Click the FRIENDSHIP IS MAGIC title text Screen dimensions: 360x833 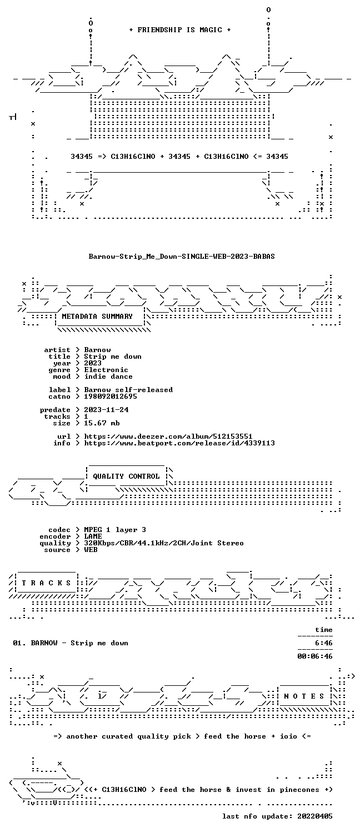tap(180, 30)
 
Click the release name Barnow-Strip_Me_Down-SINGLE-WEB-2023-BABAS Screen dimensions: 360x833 tap(182, 256)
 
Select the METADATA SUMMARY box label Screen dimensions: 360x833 tap(97, 317)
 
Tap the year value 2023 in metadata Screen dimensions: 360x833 tap(93, 363)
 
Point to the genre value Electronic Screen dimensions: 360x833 tap(106, 370)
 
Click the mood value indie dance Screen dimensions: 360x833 tap(108, 377)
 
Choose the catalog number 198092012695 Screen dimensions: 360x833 tap(111, 397)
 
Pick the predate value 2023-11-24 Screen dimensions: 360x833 tap(106, 410)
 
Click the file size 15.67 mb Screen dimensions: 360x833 tap(102, 423)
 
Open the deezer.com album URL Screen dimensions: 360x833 tap(168, 436)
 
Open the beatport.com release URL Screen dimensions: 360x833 tap(179, 443)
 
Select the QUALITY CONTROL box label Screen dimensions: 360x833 tap(126, 476)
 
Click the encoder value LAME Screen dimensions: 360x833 tap(93, 536)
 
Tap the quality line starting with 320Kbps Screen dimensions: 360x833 tap(164, 543)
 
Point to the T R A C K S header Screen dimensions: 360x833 tap(46, 583)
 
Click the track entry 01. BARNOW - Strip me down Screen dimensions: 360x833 tap(71, 643)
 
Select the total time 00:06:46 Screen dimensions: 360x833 tap(314, 656)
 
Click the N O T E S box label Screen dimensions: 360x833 tap(304, 696)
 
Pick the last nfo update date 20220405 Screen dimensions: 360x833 tap(314, 816)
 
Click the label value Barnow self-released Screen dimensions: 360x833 tap(128, 390)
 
